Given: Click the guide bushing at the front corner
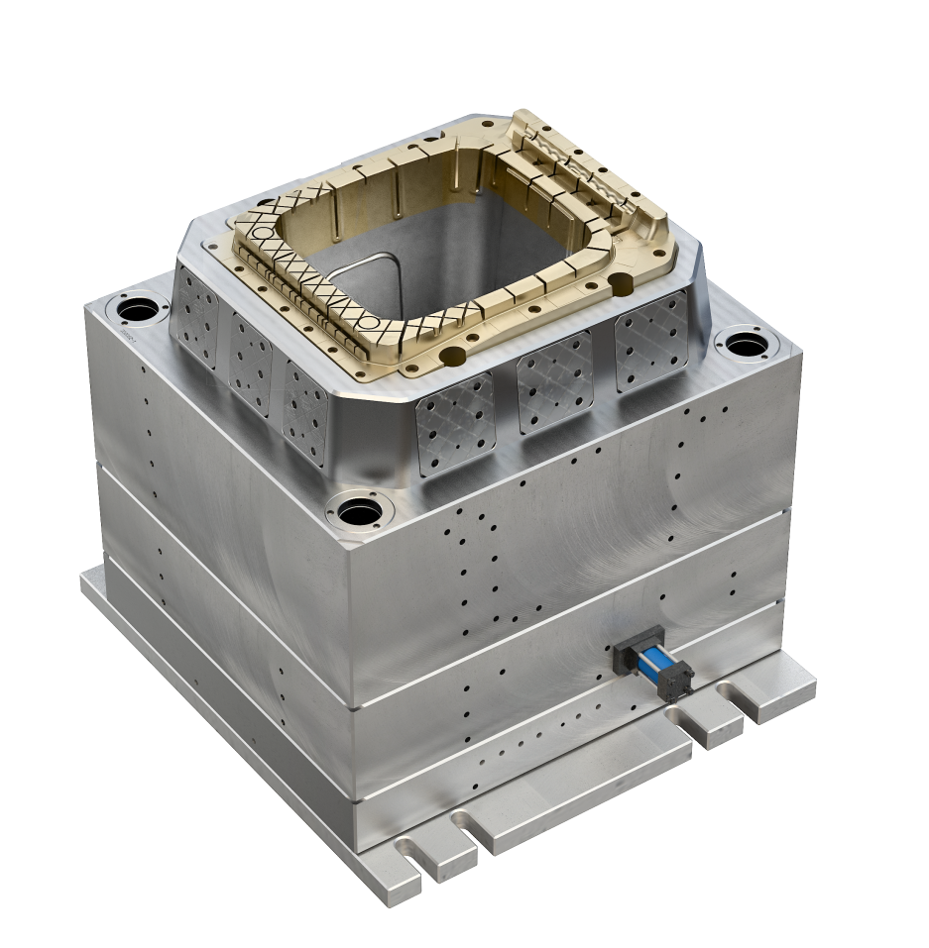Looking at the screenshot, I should [359, 512].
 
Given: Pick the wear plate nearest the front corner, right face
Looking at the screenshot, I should [455, 423].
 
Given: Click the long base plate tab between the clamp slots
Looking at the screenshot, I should [585, 783].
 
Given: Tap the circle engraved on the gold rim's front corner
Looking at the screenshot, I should [366, 321].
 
